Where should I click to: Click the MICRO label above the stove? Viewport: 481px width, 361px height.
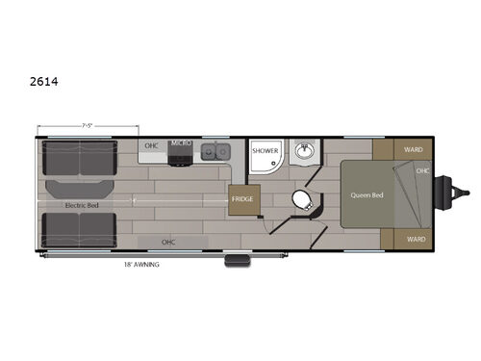[182, 143]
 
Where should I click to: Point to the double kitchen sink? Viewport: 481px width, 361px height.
[215, 151]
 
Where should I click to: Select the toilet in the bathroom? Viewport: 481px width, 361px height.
[301, 199]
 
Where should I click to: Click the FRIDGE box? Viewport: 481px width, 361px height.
[241, 199]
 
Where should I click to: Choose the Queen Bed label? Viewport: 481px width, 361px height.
[367, 194]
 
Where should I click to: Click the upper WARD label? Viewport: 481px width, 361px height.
[414, 149]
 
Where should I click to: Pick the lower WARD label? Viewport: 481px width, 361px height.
[416, 238]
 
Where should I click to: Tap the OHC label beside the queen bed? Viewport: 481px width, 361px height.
[423, 170]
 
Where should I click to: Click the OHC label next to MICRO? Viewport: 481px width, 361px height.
[151, 146]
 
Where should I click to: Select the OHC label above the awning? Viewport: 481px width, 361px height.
[168, 241]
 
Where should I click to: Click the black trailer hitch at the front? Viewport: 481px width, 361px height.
[448, 193]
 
